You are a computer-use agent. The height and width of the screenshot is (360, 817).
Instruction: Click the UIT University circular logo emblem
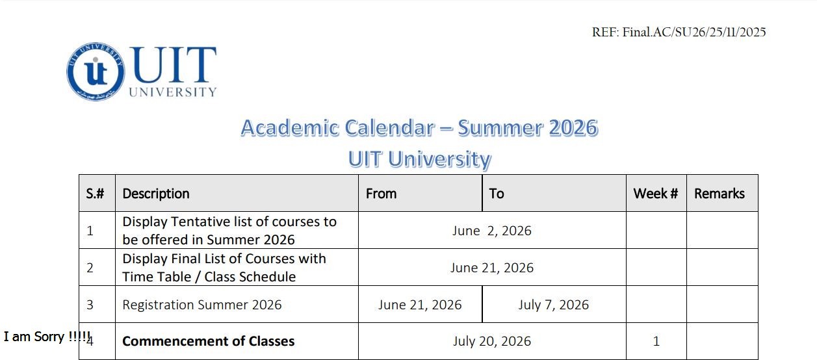pos(96,71)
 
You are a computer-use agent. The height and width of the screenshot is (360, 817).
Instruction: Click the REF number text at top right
pos(679,32)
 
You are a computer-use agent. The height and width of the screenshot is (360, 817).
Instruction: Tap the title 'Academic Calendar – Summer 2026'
pos(419,127)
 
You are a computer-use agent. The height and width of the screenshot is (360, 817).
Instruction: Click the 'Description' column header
pos(156,193)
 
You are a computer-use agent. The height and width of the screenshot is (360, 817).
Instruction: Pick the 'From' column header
pos(381,193)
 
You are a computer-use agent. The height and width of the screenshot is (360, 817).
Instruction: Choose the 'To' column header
pos(497,193)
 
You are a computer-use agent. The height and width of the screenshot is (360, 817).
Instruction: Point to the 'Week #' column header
pos(656,193)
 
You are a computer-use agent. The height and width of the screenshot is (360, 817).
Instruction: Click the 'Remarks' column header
pos(720,193)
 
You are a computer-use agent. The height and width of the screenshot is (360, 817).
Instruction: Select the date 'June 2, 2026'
pos(491,231)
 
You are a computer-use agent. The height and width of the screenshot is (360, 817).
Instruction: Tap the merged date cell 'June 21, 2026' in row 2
pos(491,268)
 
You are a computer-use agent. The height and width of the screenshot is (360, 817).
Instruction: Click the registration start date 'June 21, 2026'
pos(420,305)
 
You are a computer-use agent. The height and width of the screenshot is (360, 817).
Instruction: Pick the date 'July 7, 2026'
pos(554,305)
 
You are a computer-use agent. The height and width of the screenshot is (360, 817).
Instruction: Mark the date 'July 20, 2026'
pos(491,341)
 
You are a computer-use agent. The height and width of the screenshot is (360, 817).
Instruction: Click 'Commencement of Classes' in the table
pos(208,341)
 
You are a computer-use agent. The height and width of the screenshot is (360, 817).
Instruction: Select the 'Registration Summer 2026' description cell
pos(201,305)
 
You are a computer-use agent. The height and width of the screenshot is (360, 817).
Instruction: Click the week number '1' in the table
pos(656,341)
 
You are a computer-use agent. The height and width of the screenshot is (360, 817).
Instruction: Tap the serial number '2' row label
pos(90,268)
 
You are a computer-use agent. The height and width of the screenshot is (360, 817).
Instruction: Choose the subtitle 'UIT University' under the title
pos(419,159)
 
